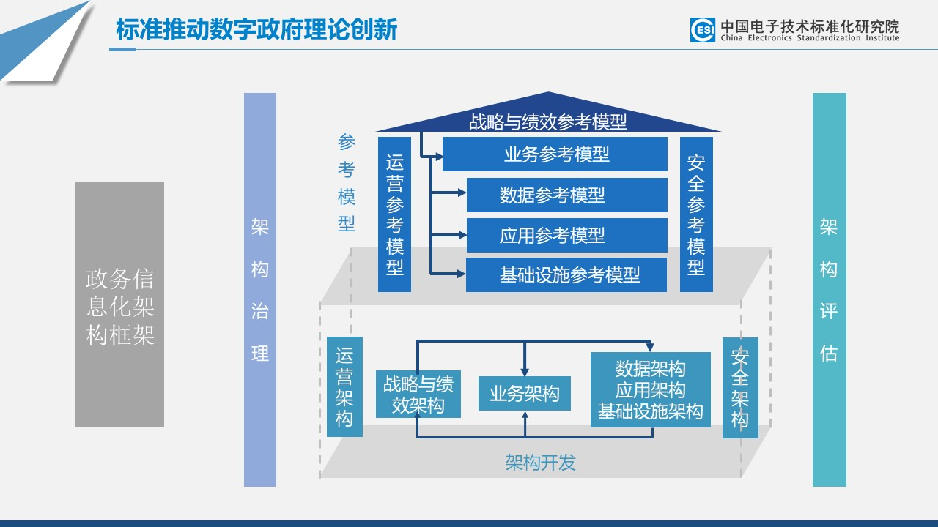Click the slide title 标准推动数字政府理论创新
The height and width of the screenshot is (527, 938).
pos(256,30)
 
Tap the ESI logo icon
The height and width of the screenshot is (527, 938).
pos(702,30)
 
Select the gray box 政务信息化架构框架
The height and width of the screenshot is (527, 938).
pos(119,304)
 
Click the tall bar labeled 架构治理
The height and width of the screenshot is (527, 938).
pos(260,290)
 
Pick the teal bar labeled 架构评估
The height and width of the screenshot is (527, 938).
pos(829,290)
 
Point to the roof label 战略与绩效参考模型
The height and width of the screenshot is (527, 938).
pos(548,121)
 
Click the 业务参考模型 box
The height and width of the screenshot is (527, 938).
pos(555,154)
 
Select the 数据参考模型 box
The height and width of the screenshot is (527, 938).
pos(566,195)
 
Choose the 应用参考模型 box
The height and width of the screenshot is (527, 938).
pos(566,235)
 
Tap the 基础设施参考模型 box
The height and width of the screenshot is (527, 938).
pos(566,274)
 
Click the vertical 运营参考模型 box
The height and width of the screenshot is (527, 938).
pos(394,214)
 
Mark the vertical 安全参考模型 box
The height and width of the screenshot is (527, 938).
pos(695,214)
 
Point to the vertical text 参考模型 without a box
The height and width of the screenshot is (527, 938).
pos(347,183)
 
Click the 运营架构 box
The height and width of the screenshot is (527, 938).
pos(344,387)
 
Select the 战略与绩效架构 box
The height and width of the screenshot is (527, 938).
pos(418,395)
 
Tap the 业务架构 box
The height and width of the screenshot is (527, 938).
pos(524,394)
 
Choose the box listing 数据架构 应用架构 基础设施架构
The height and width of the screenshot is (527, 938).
pos(650,389)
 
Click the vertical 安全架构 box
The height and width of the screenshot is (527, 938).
pos(740,388)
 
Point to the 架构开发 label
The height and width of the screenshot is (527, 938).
pos(540,463)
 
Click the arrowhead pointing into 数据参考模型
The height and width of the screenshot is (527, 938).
pos(462,193)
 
